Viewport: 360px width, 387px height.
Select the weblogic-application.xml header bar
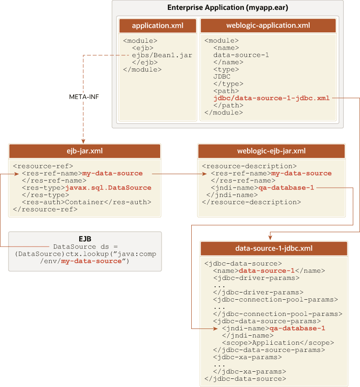268,26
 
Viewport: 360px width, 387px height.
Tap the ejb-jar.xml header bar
85,151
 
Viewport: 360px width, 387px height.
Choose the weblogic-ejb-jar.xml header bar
271,151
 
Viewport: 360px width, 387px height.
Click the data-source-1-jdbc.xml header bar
274,248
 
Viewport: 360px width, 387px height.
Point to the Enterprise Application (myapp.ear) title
228,8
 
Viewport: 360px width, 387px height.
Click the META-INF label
84,97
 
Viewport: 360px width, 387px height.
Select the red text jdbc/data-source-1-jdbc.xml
271,98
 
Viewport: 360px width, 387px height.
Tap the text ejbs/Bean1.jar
162,55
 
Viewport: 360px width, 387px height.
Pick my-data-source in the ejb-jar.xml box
112,173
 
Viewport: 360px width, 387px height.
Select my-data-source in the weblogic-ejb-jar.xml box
301,173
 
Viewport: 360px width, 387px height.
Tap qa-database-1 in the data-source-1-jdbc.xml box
297,328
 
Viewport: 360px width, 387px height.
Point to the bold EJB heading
85,239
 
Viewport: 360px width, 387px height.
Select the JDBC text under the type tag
222,76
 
